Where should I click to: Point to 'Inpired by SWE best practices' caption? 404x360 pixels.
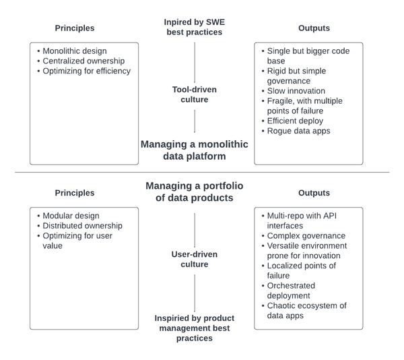coord(195,28)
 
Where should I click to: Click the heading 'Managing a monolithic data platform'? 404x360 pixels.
coord(195,150)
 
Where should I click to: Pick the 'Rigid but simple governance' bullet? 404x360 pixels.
coord(305,76)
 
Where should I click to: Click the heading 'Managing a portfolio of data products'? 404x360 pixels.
coord(195,191)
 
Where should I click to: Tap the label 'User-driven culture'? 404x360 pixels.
coord(195,260)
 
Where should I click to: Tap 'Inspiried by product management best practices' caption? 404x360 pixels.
coord(195,327)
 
